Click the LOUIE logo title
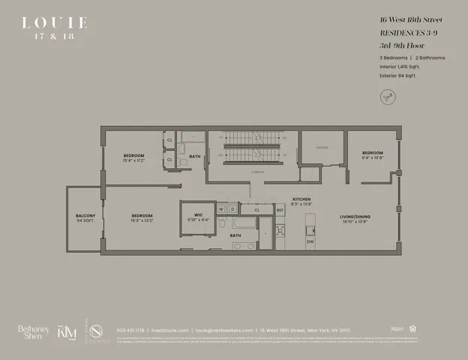(54, 22)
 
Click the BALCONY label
(85, 218)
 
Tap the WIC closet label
(198, 217)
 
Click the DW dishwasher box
(310, 241)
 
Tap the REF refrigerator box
(280, 210)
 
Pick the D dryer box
(233, 209)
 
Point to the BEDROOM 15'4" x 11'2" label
(133, 157)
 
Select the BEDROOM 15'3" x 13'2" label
(142, 217)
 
